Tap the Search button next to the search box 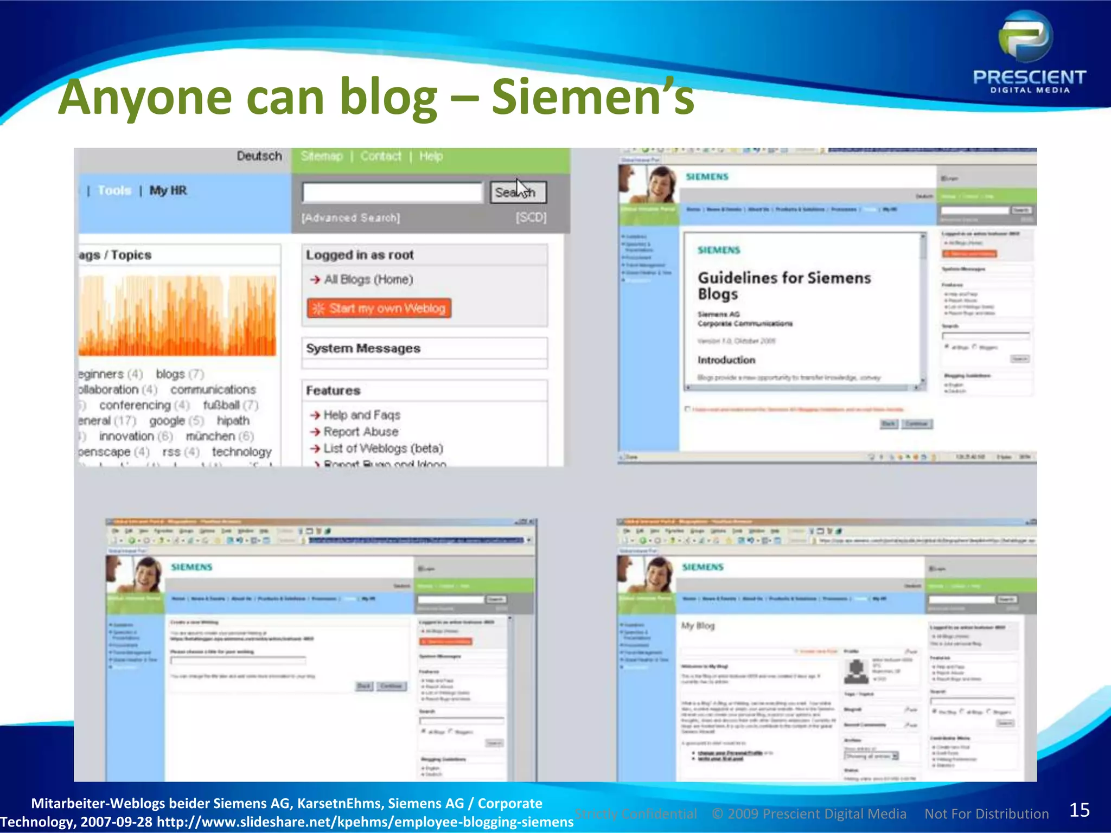518,193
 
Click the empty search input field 392,193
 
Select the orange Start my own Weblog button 379,309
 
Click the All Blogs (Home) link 368,279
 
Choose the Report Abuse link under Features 361,432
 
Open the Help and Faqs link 362,415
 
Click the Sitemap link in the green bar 322,156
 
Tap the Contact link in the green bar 381,156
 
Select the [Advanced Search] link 351,218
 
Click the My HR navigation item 168,190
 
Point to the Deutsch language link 259,156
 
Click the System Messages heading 363,348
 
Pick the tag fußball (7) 231,405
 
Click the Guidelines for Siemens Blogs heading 784,285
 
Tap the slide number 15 1079,810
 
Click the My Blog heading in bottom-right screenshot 698,626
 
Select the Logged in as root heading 360,255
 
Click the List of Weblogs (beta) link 383,448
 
